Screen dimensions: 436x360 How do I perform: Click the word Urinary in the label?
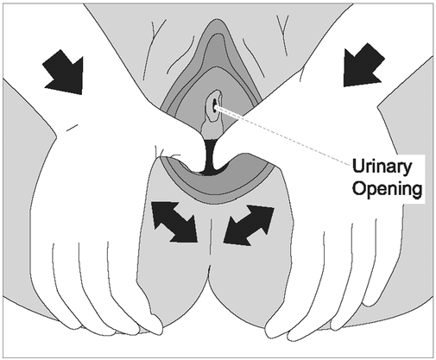[x=382, y=167]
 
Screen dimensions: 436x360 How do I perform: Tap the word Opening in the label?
[x=388, y=189]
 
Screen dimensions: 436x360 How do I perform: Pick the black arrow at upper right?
[x=363, y=65]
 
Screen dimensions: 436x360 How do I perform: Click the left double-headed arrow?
[x=174, y=222]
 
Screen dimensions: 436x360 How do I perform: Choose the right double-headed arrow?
[x=249, y=225]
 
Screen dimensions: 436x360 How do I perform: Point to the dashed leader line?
[x=283, y=136]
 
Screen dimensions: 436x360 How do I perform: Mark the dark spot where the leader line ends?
[x=214, y=106]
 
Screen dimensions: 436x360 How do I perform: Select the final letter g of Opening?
[x=417, y=191]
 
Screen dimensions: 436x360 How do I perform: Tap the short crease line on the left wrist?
[x=72, y=127]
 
